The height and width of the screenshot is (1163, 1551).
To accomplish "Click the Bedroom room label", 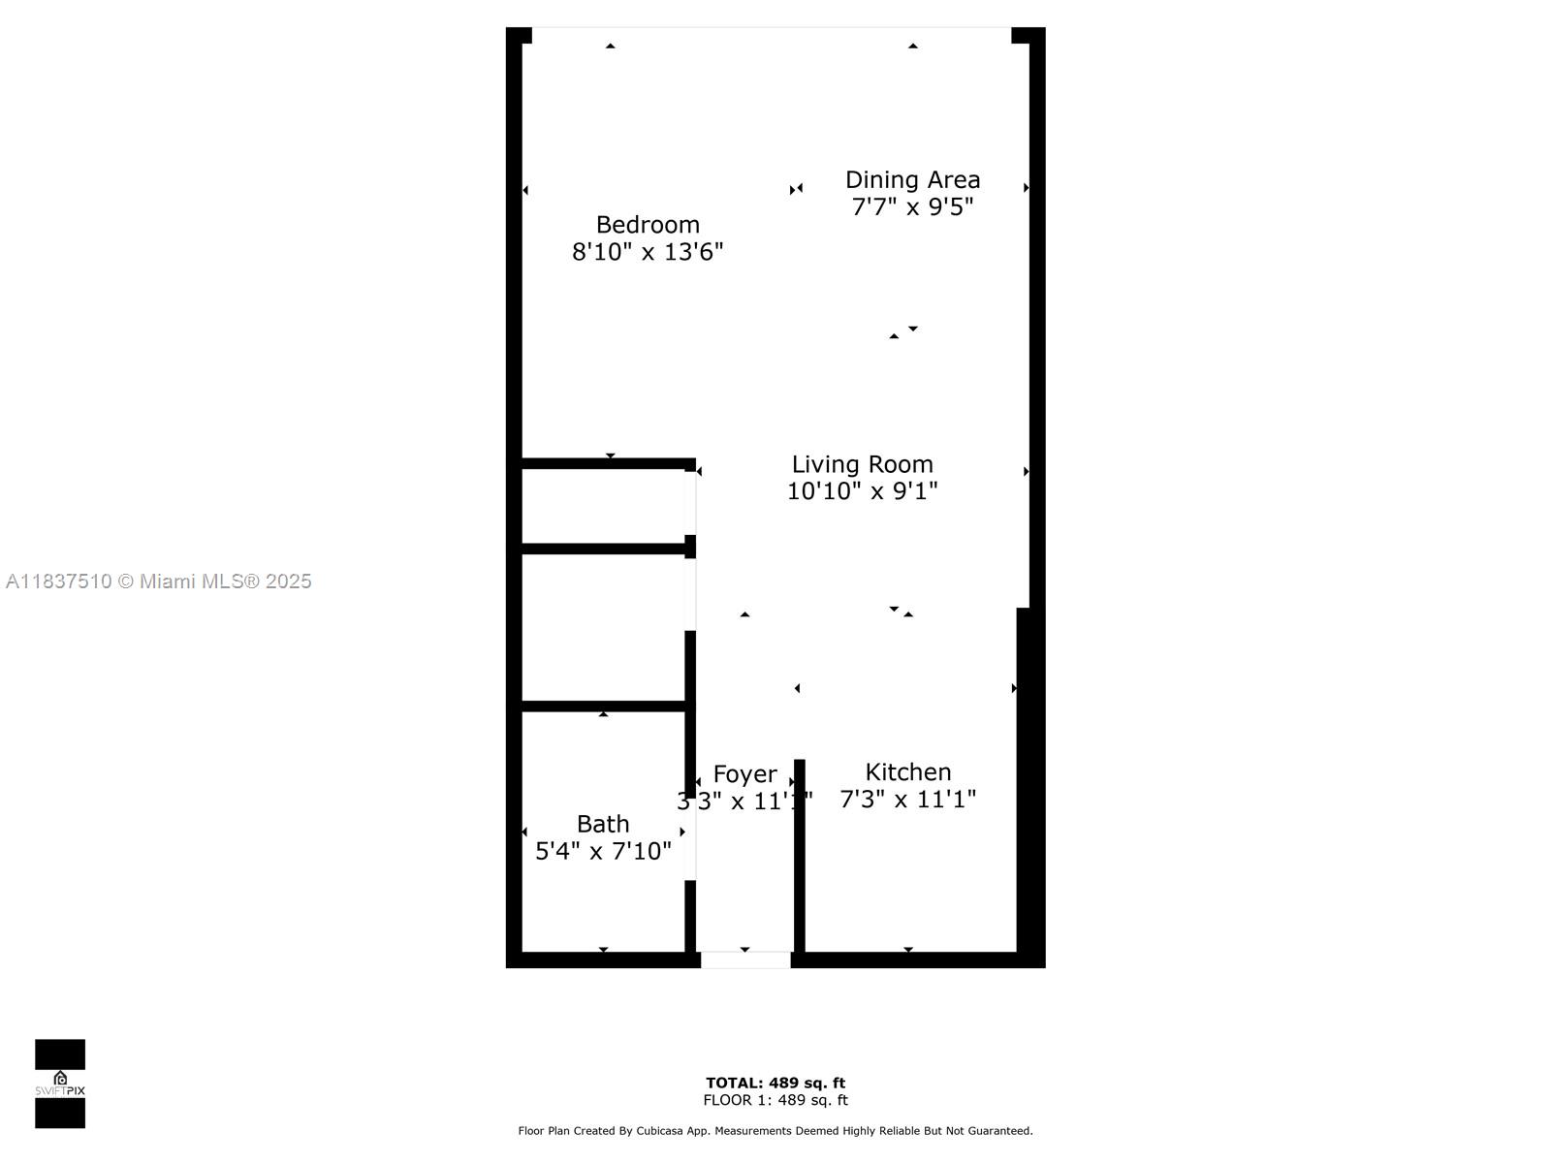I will point(648,225).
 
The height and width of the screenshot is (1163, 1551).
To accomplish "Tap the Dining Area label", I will point(912,179).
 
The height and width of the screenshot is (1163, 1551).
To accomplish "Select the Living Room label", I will point(862,464).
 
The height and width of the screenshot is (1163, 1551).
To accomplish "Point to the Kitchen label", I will point(907,772).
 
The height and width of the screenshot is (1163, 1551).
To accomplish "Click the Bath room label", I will point(603,824).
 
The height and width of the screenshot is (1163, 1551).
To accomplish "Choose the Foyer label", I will point(744,774).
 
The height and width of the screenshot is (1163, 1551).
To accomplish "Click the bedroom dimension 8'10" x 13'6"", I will point(648,252).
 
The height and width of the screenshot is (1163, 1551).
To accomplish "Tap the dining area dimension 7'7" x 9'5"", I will point(912,206).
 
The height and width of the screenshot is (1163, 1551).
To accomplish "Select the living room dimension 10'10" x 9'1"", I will point(862,491).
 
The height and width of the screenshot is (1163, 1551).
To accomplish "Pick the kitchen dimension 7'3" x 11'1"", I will point(907,800).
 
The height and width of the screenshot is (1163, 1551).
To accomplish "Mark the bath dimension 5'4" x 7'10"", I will point(603,851).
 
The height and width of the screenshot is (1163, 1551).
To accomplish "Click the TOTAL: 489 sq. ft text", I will point(775,1083).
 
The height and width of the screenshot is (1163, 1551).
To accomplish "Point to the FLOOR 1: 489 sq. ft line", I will point(775,1100).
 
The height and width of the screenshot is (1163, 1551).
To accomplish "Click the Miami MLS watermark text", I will point(159,581).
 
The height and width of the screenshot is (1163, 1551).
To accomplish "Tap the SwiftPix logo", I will point(60,1084).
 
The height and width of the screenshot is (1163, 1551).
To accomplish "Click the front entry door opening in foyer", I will point(745,959).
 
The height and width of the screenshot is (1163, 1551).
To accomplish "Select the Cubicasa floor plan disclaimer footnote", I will point(775,1131).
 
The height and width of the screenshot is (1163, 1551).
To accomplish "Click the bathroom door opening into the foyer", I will point(690,838).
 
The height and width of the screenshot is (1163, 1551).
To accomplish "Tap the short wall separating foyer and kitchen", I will point(800,853).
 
